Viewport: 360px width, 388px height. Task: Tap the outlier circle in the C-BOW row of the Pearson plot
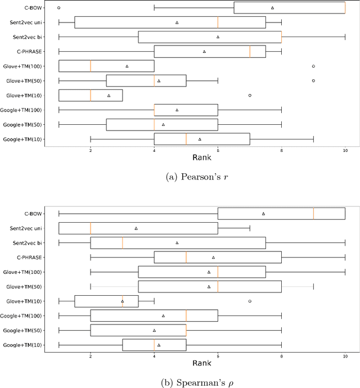click(x=59, y=8)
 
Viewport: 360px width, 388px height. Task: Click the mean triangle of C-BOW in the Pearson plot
click(x=272, y=8)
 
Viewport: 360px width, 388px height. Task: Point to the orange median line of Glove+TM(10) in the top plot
click(x=91, y=95)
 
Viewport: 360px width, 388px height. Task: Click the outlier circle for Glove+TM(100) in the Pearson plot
click(x=313, y=66)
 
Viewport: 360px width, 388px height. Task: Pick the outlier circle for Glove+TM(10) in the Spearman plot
click(x=250, y=301)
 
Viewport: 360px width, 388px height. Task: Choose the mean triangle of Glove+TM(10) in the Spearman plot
click(x=123, y=301)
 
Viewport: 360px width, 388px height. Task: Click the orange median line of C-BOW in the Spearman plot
click(x=313, y=214)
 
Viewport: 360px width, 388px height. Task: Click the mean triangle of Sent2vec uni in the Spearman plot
click(x=136, y=228)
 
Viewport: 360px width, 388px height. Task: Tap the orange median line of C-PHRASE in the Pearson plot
click(x=250, y=51)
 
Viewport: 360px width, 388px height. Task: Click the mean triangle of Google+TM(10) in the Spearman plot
click(x=159, y=345)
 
